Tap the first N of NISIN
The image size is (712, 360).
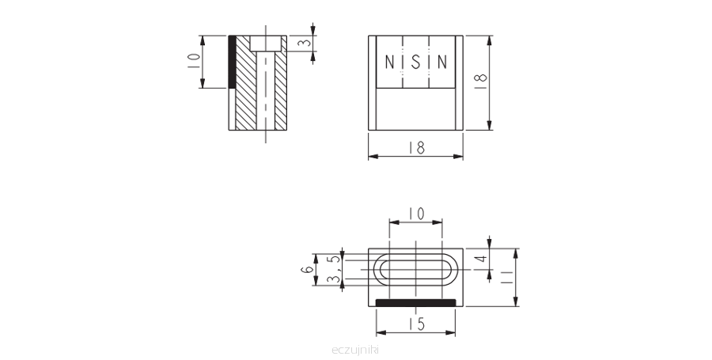click(388, 62)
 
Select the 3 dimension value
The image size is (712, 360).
click(305, 43)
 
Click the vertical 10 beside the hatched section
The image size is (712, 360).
click(193, 62)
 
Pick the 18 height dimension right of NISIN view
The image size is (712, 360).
click(480, 81)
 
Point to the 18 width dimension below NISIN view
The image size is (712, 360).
click(415, 148)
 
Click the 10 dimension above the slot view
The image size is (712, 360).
click(416, 213)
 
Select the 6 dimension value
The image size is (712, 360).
click(305, 270)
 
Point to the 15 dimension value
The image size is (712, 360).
click(416, 323)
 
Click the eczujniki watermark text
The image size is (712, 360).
click(355, 349)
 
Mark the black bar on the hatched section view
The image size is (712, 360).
click(232, 62)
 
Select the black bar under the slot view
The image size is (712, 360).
click(415, 302)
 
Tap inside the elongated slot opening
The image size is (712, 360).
click(417, 270)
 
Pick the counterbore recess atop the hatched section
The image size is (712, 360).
click(266, 43)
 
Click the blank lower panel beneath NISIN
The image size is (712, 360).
click(415, 108)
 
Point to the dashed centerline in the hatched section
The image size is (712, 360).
click(266, 95)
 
